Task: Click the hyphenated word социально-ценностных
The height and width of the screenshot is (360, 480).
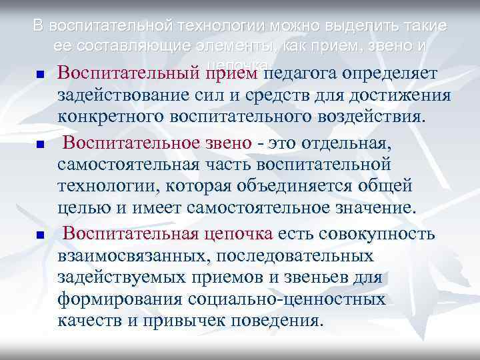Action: [x=286, y=300]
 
